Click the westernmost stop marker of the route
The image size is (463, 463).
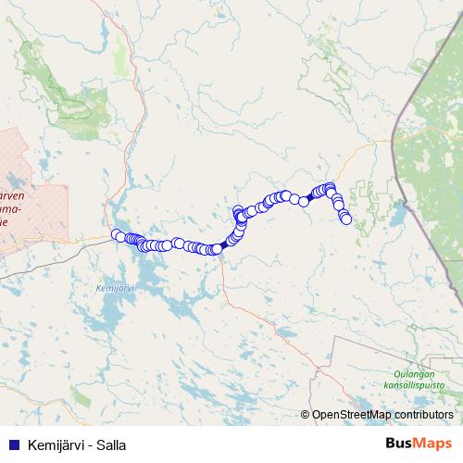tap(117, 234)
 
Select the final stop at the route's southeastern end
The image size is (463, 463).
tap(346, 219)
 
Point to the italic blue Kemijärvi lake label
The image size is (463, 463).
tap(115, 289)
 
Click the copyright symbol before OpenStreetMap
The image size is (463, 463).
tap(305, 414)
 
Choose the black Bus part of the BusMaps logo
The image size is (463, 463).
tap(400, 444)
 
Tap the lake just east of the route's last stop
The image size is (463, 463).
tap(394, 219)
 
